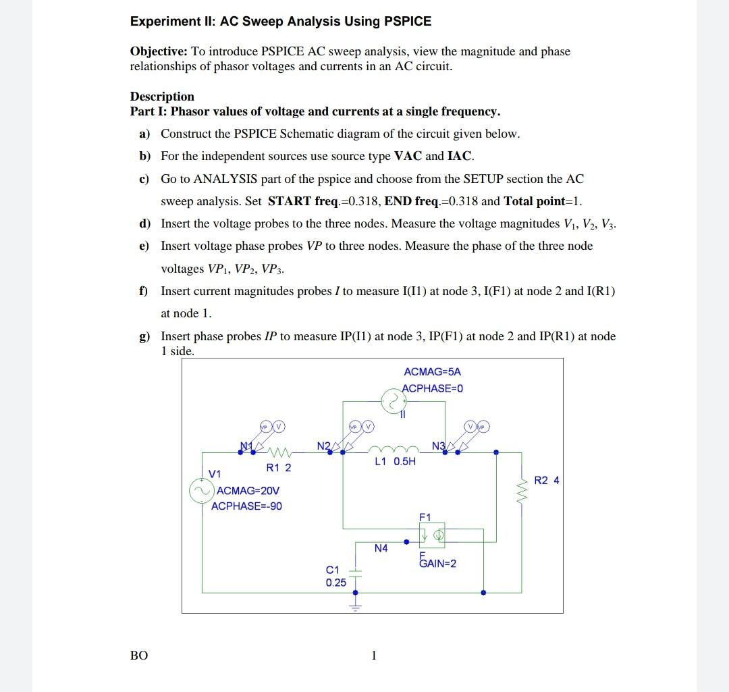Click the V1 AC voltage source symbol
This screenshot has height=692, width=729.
pos(200,491)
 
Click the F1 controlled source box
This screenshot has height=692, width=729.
pos(431,535)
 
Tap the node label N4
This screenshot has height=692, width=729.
pos(381,549)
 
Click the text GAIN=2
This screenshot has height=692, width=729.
pos(437,564)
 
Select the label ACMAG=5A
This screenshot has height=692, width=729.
pos(432,372)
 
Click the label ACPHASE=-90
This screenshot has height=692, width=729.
pos(246,506)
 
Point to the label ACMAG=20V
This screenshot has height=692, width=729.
pos(248,491)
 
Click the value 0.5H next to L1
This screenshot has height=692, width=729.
pos(405,462)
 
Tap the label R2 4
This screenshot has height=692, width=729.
pos(546,481)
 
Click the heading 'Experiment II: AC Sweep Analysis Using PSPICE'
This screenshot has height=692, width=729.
pos(281,21)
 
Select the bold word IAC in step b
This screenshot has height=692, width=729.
pos(460,156)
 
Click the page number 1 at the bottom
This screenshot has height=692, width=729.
pos(373,655)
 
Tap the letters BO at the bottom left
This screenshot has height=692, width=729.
pos(138,655)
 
